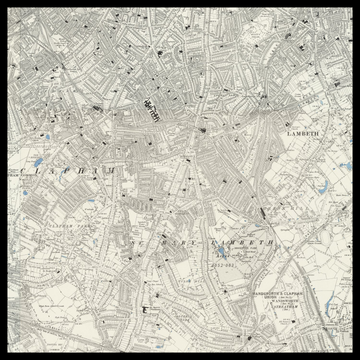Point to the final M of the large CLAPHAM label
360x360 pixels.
coord(112,172)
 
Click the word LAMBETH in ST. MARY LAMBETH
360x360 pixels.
coord(242,243)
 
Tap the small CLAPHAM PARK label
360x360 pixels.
coord(54,228)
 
